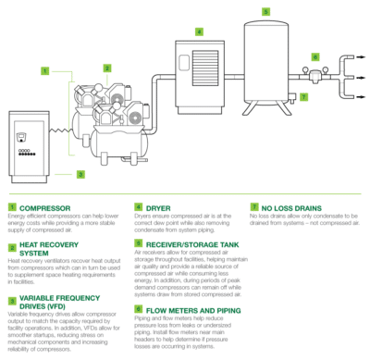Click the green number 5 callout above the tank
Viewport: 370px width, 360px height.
(265, 11)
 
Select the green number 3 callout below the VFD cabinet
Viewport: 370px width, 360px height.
(80, 173)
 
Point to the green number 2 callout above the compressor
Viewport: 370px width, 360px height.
(109, 68)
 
